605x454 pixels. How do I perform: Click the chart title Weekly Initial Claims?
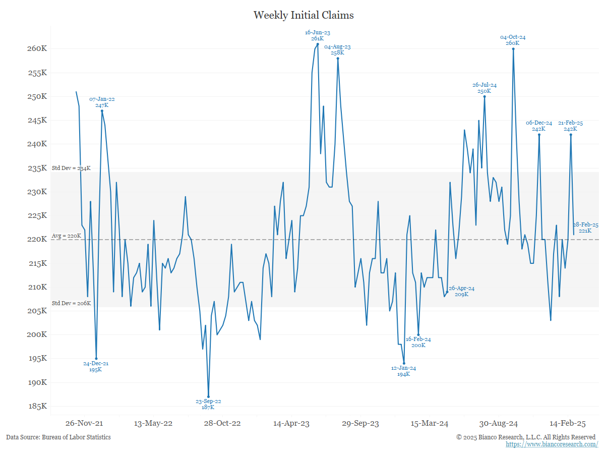304,15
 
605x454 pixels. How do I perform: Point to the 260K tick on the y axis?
37,49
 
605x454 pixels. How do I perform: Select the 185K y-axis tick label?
37,407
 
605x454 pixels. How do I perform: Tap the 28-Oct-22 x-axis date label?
222,423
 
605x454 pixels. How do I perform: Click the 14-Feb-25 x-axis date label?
567,423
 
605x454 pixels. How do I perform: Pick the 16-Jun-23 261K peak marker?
318,44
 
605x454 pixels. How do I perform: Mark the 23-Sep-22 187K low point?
208,397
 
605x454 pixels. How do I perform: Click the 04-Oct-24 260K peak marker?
513,49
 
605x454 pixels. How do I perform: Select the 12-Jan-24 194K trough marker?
404,363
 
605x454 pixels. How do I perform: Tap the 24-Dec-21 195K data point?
96,359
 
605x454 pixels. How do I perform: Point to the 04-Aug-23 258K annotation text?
337,49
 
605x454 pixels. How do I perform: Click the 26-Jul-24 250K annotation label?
485,88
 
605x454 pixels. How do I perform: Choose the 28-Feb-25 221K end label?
585,228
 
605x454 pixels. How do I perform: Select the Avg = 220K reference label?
66,236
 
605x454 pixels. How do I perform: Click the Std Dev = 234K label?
71,168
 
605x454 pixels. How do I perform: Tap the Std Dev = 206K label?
71,303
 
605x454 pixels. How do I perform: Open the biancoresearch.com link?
552,444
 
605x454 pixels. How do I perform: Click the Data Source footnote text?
58,437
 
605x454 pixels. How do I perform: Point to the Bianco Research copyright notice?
526,437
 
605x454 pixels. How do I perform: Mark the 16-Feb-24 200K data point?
418,335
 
